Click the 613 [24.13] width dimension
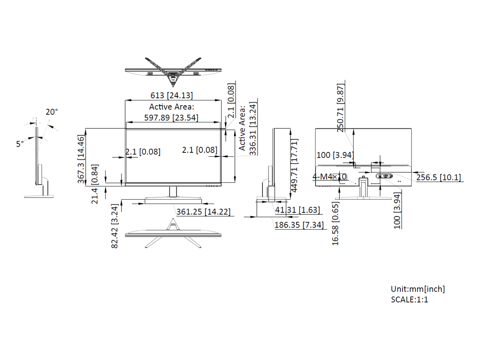[x=172, y=95]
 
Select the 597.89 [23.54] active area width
[x=171, y=118]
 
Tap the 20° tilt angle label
[x=52, y=112]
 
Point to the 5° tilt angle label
[x=20, y=144]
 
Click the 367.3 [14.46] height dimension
[x=81, y=159]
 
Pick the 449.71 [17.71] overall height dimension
[x=294, y=166]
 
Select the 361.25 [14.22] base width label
[x=203, y=212]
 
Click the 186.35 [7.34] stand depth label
[x=299, y=225]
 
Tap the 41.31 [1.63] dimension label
[x=298, y=210]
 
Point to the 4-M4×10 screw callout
[x=330, y=177]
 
